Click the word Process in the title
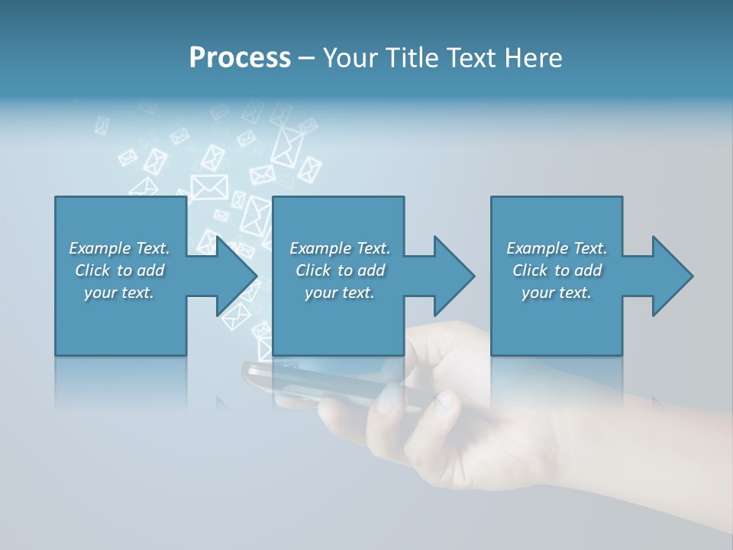[240, 57]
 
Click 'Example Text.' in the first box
[119, 248]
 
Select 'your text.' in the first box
[119, 293]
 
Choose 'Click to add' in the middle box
[340, 270]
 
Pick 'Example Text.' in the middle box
[340, 248]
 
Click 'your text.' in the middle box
[340, 293]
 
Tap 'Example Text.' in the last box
[557, 248]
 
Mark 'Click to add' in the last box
[557, 270]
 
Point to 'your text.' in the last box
[557, 293]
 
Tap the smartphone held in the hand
[321, 382]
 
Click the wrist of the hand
[672, 443]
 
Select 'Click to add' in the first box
[119, 270]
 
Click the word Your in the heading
[350, 57]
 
